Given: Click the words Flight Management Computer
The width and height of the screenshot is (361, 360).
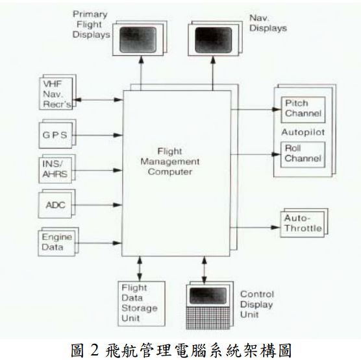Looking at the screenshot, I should coord(177,162).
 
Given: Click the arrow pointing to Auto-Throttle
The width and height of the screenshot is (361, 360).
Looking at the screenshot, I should coord(257,226).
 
